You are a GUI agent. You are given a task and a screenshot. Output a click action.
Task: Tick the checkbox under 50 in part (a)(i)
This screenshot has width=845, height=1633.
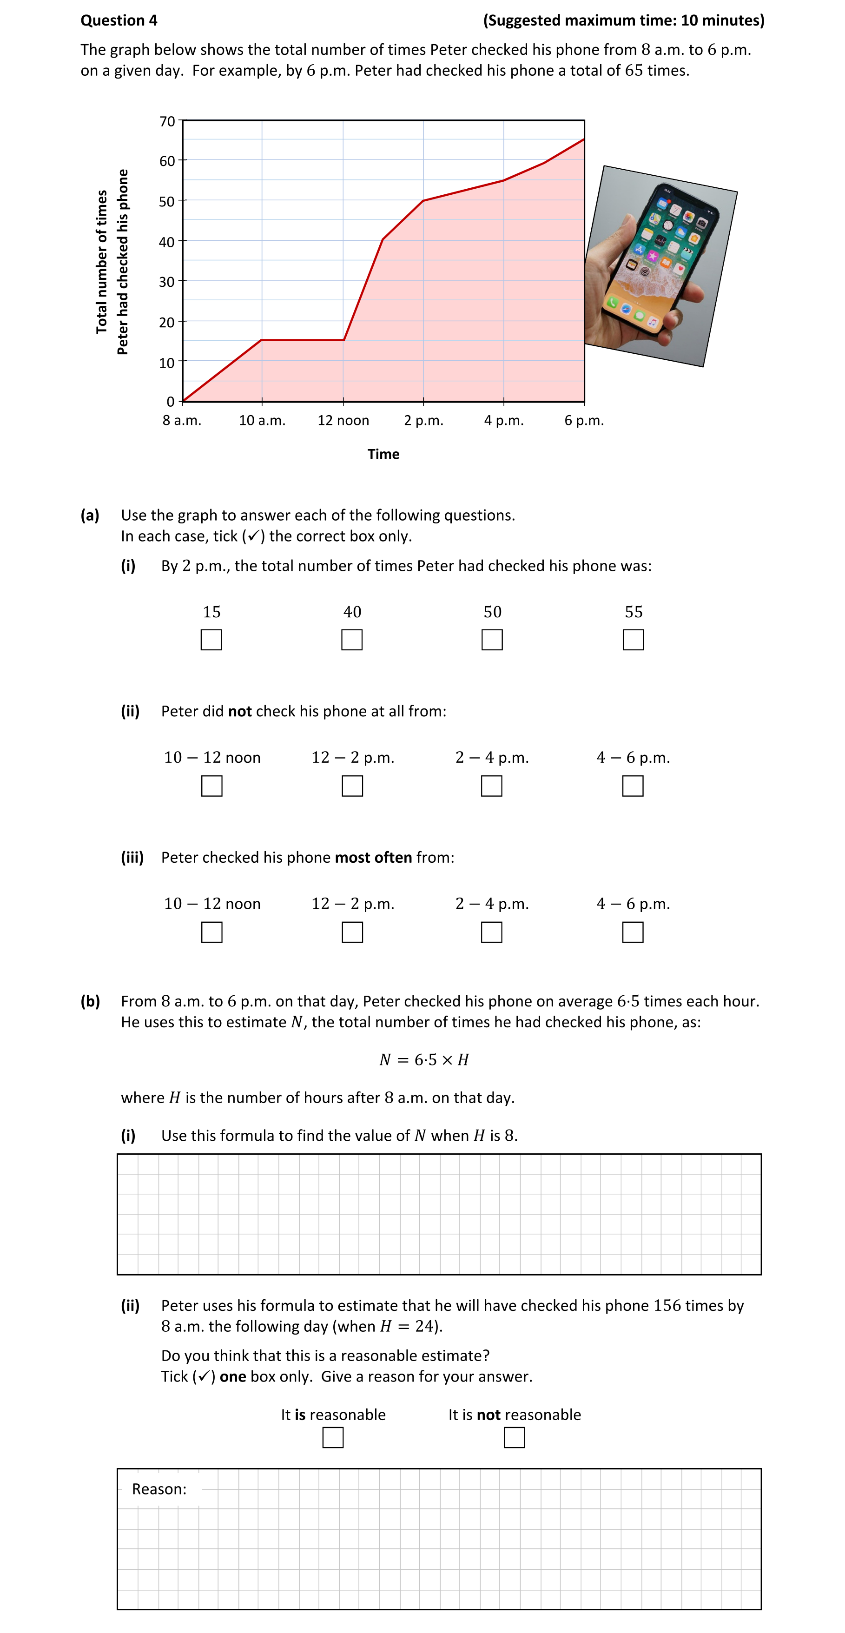click(x=492, y=639)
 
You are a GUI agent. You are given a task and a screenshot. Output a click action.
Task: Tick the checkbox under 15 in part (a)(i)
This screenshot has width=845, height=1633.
click(x=211, y=639)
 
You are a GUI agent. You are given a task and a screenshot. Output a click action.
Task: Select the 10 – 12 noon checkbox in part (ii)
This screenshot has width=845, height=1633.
click(x=212, y=786)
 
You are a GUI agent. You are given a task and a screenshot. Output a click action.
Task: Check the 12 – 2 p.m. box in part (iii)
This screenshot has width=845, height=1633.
click(x=352, y=932)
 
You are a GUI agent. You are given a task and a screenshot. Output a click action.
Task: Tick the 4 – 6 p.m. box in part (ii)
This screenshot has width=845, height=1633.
click(x=633, y=786)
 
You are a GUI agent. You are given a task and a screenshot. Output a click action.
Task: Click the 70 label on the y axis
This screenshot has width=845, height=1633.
click(x=167, y=121)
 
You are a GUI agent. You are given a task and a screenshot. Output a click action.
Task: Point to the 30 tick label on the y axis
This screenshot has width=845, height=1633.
click(x=167, y=282)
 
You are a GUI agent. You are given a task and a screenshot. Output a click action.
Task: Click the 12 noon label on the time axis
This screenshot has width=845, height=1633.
click(x=343, y=420)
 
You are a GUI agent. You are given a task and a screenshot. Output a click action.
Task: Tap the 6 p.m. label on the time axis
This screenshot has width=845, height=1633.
click(x=584, y=420)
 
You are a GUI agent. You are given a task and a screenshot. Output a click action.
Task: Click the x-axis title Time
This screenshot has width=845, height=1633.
click(x=383, y=454)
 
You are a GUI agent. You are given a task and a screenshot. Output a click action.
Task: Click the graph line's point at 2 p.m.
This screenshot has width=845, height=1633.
click(x=423, y=201)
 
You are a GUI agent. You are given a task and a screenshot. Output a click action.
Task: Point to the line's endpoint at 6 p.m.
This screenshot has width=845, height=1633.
click(x=584, y=139)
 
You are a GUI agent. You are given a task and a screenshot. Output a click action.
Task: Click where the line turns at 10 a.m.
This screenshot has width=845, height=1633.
click(x=262, y=340)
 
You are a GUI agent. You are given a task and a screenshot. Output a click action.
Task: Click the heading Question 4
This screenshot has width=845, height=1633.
click(x=119, y=20)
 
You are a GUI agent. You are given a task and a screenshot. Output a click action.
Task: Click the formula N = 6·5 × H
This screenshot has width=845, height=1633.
click(x=423, y=1059)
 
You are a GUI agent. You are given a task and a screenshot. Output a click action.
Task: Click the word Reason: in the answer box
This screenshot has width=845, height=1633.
click(x=159, y=1489)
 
